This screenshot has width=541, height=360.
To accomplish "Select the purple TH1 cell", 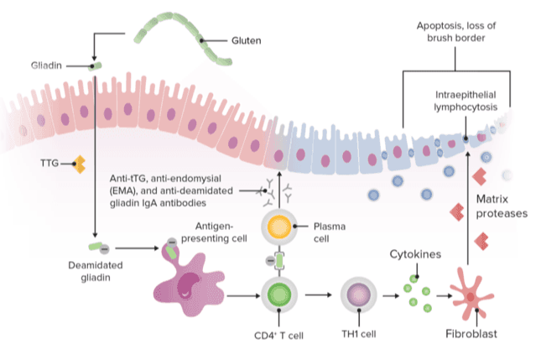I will (360, 295).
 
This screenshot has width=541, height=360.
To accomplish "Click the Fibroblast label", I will (471, 334).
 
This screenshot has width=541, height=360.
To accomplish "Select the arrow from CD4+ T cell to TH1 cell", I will (316, 295).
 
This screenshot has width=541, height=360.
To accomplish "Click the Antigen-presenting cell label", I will (220, 231).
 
